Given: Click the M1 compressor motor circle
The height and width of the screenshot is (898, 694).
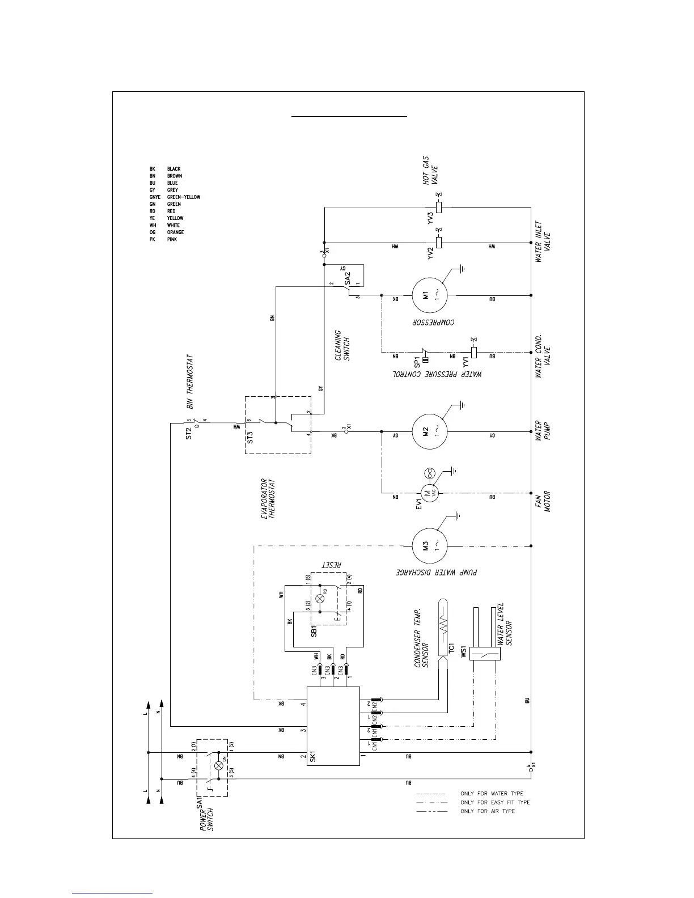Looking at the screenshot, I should pos(430,295).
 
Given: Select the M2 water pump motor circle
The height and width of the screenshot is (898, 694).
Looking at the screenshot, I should pos(430,431).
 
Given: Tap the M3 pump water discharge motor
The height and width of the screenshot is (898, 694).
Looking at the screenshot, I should pos(430,546).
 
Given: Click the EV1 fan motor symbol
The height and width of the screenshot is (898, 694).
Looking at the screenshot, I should pos(429,493).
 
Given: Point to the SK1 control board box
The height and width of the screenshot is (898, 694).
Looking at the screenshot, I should pos(333,726).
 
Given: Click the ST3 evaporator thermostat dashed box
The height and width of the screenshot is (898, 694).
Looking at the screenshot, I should pos(278,425).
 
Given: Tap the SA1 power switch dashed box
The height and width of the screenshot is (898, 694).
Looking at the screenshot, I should pos(212,768).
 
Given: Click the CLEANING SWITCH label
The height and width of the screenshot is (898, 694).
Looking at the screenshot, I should pos(342,346).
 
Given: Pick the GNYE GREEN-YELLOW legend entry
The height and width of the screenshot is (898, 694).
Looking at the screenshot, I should pos(175,197).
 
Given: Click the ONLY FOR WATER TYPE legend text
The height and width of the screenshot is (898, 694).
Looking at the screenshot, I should pos(492,794).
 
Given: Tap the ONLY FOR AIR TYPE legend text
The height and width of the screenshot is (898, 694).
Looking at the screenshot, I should pos(488,811).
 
